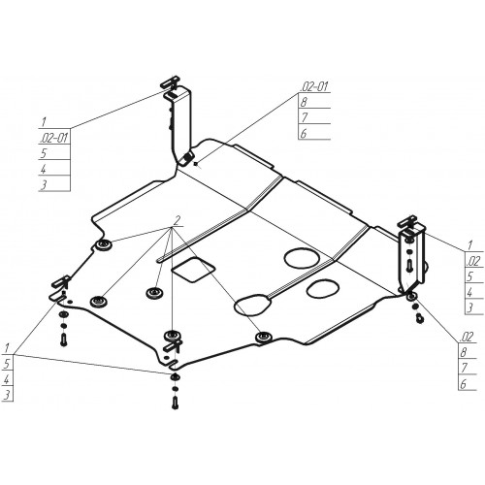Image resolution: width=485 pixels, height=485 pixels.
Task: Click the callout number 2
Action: pyautogui.click(x=177, y=221)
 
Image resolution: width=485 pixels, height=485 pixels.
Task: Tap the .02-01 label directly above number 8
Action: pyautogui.click(x=314, y=86)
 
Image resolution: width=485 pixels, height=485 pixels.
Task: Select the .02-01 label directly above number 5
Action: pyautogui.click(x=54, y=138)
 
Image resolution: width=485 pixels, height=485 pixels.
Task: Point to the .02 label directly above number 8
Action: pyautogui.click(x=467, y=337)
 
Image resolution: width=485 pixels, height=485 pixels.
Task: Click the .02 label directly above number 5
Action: pyautogui.click(x=473, y=261)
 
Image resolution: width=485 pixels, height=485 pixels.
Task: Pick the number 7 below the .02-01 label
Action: pyautogui.click(x=304, y=117)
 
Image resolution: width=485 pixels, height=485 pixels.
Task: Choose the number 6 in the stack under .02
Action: pyautogui.click(x=464, y=384)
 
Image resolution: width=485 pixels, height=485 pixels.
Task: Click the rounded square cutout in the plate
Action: pyautogui.click(x=193, y=270)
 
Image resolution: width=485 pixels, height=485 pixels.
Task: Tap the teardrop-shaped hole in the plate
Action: pyautogui.click(x=253, y=305)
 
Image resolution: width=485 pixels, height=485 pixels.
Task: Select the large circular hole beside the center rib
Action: pyautogui.click(x=302, y=258)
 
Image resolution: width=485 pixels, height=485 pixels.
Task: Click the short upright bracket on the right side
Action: pyautogui.click(x=412, y=258)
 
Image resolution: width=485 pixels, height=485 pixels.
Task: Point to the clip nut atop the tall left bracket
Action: pyautogui.click(x=170, y=81)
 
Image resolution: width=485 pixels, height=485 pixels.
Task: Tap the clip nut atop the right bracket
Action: pyautogui.click(x=407, y=221)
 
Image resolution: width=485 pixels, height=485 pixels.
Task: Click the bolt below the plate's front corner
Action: pyautogui.click(x=175, y=404)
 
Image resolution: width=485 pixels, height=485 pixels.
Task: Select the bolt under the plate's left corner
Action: pyautogui.click(x=63, y=339)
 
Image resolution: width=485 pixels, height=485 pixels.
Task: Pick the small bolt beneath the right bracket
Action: pyautogui.click(x=420, y=318)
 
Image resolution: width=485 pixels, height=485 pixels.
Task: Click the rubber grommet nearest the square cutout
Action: pyautogui.click(x=154, y=293)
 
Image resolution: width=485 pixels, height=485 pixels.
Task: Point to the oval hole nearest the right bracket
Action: pyautogui.click(x=323, y=288)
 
